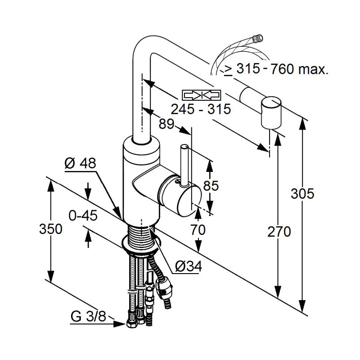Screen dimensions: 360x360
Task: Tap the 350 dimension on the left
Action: pos(50,229)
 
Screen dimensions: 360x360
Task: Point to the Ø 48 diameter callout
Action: pos(81,164)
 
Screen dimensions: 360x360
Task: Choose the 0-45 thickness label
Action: pos(83,216)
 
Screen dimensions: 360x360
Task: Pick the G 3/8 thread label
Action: pos(88,317)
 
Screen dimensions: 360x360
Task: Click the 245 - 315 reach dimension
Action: pos(201,109)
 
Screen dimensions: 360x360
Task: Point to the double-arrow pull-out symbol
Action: pos(201,95)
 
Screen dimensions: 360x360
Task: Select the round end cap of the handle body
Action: pos(177,199)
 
